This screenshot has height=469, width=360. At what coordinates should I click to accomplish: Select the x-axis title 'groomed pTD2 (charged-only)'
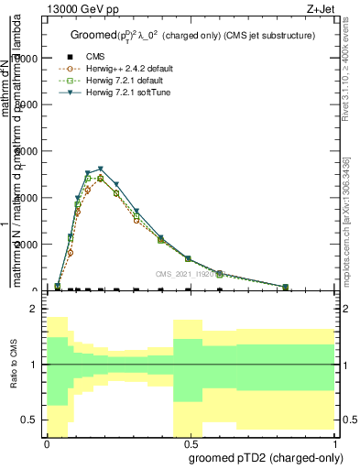pos(259,455)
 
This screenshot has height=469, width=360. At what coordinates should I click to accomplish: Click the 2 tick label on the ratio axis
pos(33,310)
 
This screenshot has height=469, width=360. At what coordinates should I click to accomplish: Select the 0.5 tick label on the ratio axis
pos(30,420)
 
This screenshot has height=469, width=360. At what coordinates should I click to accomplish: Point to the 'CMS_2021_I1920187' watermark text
pos(187,273)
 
